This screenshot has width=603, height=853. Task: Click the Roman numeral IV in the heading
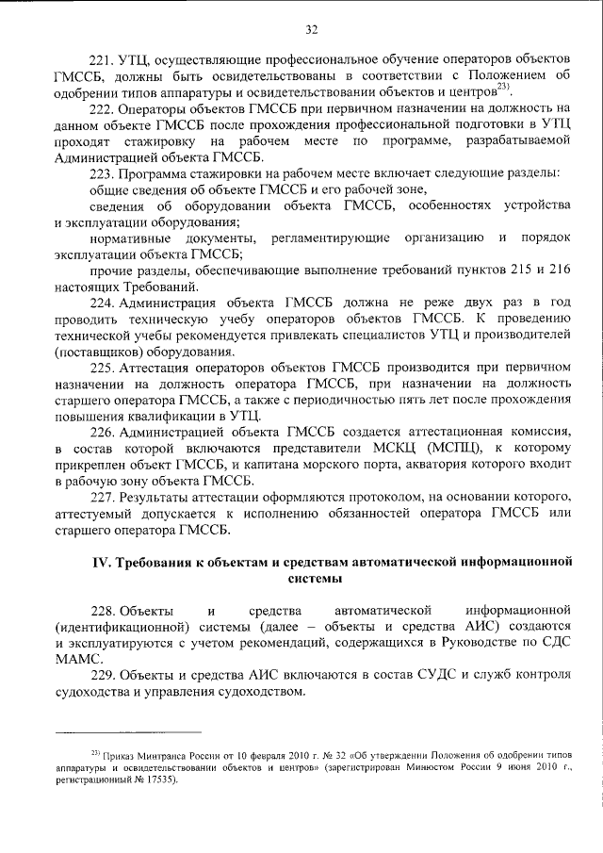(x=100, y=563)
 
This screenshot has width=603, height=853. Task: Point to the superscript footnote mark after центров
(x=504, y=89)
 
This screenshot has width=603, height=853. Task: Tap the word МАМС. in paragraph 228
(x=76, y=659)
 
